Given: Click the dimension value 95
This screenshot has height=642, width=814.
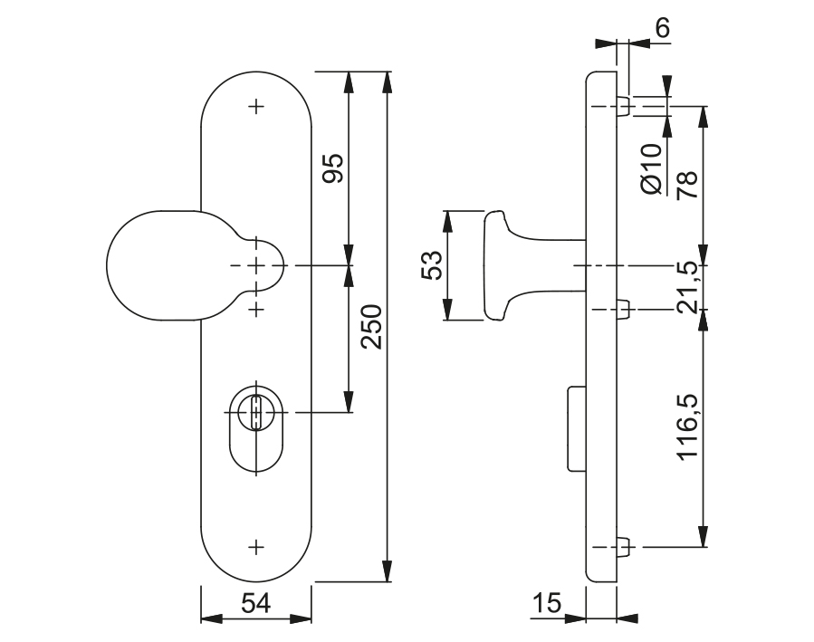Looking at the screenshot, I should (333, 168).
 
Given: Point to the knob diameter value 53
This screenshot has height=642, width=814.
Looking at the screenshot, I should (432, 265).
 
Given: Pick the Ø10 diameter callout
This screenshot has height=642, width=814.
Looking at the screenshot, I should (652, 168).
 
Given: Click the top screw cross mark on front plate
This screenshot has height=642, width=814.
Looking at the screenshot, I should (256, 107).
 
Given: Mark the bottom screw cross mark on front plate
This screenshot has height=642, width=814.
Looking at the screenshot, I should (256, 546).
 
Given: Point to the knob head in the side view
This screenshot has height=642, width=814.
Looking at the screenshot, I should (497, 265).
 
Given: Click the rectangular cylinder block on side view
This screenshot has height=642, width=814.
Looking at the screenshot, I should (576, 428).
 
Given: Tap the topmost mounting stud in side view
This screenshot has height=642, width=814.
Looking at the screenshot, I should (623, 106).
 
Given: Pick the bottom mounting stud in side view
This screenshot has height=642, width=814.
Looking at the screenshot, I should (623, 547).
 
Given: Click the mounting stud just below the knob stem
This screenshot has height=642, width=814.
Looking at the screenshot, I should (623, 310).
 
